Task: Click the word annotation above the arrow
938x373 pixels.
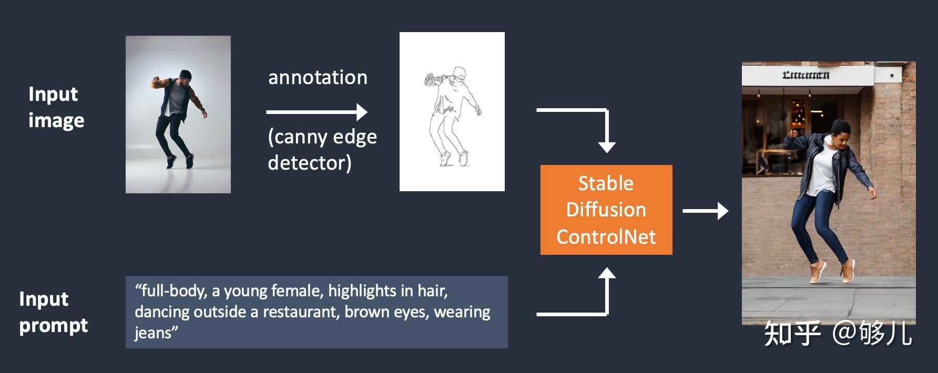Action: click(x=318, y=78)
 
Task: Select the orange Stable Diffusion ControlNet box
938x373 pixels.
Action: click(x=606, y=210)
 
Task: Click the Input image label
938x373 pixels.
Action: click(x=56, y=107)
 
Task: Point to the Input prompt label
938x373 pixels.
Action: click(x=53, y=312)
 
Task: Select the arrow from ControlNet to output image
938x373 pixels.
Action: click(x=705, y=211)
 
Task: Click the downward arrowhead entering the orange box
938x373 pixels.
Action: click(x=607, y=147)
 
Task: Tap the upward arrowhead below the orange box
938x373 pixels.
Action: click(x=607, y=274)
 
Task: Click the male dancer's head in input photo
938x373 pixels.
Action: click(x=185, y=77)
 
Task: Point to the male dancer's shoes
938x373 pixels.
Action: click(x=179, y=161)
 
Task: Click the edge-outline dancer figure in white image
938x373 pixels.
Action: click(x=452, y=116)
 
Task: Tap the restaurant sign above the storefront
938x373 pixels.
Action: click(x=806, y=75)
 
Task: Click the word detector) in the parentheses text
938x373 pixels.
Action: click(x=310, y=163)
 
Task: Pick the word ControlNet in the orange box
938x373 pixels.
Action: click(x=606, y=237)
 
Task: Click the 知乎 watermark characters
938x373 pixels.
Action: click(x=792, y=334)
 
